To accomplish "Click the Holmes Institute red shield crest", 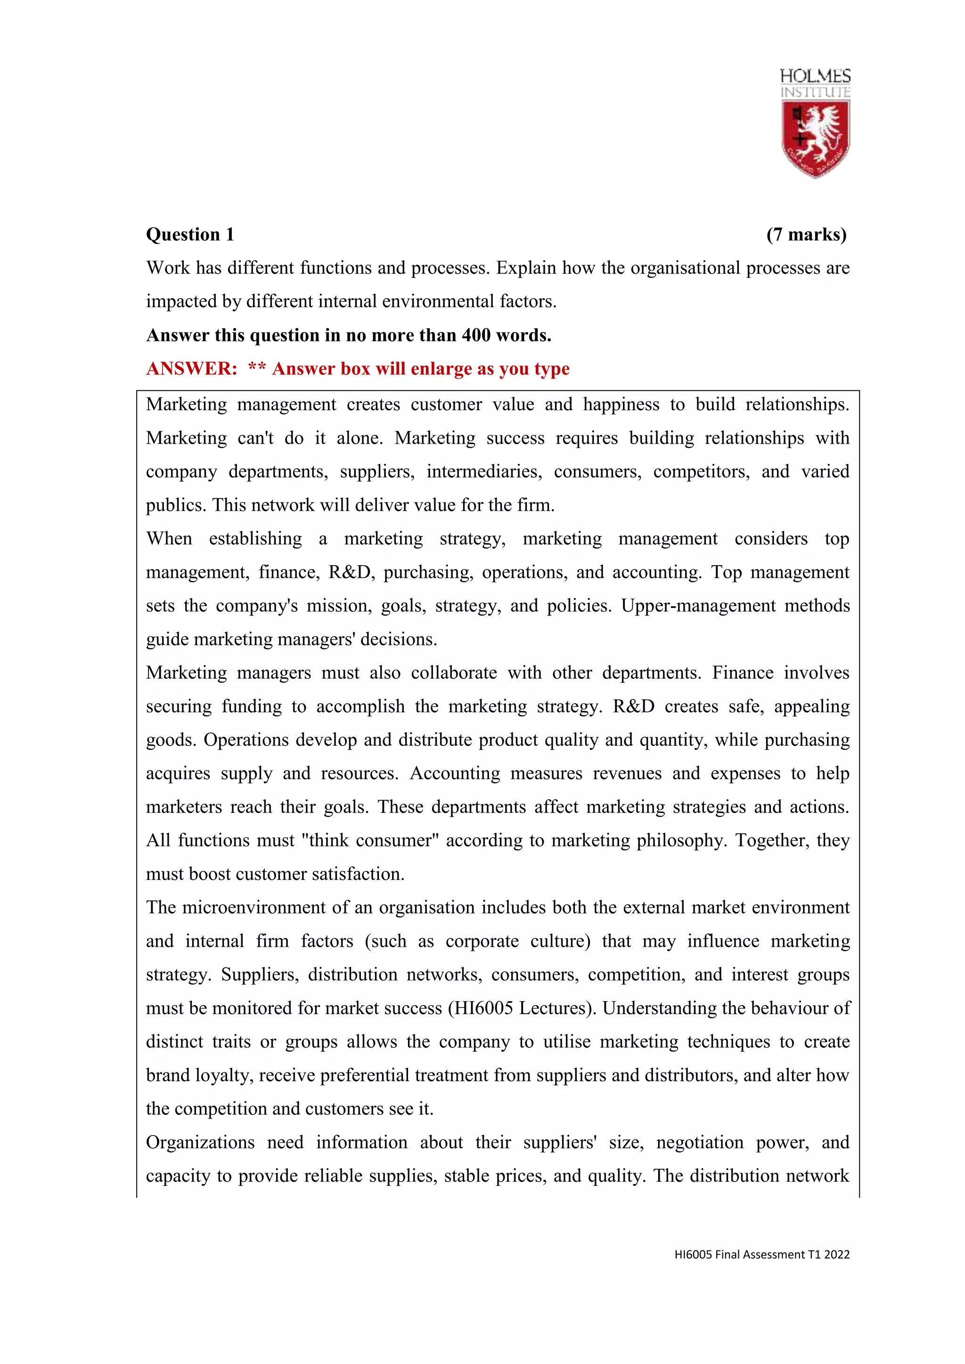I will click(x=815, y=138).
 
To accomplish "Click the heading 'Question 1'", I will click(x=190, y=235).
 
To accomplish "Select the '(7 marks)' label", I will click(x=806, y=235).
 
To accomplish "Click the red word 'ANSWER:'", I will click(x=191, y=369).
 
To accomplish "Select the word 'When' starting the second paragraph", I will click(x=169, y=539).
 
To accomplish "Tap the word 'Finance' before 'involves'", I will click(x=742, y=673).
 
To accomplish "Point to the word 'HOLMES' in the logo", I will click(x=815, y=76).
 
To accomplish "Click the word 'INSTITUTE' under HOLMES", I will click(x=815, y=92).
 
